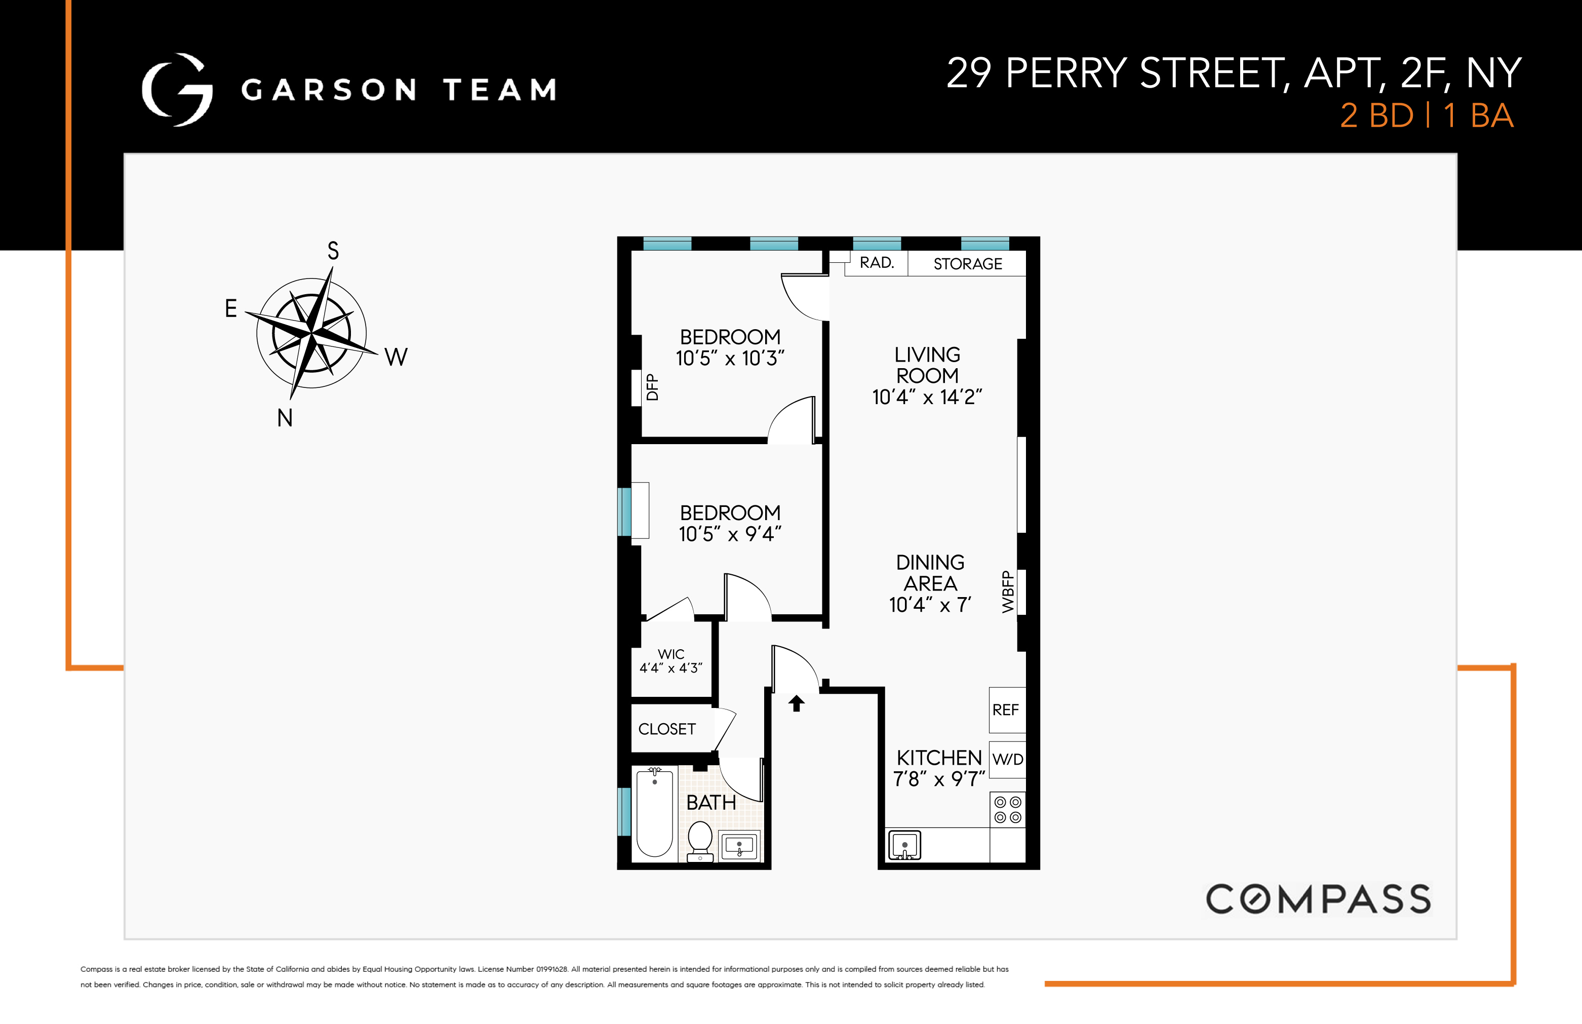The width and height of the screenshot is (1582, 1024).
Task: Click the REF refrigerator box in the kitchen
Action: point(1006,710)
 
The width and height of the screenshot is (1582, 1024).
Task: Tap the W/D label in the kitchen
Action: point(1007,759)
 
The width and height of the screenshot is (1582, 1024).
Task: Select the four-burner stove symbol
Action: point(1007,810)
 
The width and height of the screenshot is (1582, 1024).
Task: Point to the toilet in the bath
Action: point(700,841)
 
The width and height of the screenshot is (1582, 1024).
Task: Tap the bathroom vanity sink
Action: point(739,846)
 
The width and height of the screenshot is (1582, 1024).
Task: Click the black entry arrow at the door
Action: point(797,703)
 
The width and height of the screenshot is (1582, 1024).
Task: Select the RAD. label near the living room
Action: point(877,263)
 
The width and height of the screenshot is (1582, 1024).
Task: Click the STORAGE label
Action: point(967,264)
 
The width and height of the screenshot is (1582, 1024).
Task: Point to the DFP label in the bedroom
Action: point(653,387)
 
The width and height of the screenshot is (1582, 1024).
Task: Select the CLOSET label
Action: point(667,729)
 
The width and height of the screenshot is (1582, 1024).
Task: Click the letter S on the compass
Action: point(333,251)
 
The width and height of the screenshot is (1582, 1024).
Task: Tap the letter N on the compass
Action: point(285,418)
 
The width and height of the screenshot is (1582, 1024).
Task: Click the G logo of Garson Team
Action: point(177,90)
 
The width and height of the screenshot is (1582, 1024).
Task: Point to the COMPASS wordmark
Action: point(1318,899)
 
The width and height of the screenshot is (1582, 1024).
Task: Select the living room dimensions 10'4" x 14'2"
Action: point(927,398)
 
